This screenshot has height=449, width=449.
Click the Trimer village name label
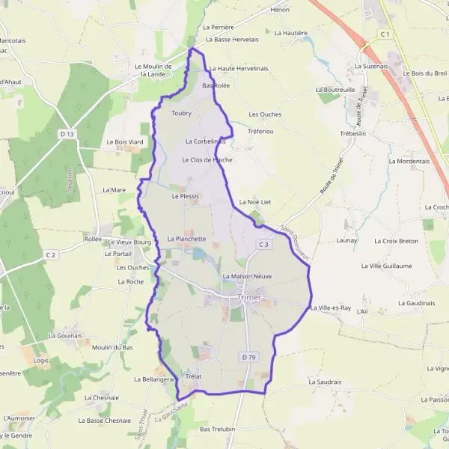tap(249, 297)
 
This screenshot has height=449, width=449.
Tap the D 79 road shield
tap(249, 358)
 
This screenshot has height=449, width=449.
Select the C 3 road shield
tap(263, 245)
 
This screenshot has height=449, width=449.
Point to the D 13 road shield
tap(67, 133)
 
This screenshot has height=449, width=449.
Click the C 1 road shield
tap(385, 34)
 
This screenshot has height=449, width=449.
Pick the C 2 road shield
tap(50, 255)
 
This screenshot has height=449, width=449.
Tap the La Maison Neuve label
tap(247, 276)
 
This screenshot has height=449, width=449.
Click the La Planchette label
tap(186, 239)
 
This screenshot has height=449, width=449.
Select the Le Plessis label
tap(186, 196)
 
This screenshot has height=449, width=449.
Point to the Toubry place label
tap(181, 113)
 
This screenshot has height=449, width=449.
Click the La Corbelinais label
tap(205, 141)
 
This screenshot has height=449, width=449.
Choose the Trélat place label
tap(193, 375)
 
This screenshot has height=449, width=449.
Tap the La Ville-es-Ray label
tap(330, 308)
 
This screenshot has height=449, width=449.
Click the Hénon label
tap(280, 10)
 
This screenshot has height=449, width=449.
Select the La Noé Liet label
tap(254, 202)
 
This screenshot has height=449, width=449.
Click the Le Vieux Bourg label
tap(130, 242)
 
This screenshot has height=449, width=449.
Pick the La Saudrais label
tap(324, 382)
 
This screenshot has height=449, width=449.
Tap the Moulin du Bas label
tap(112, 347)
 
